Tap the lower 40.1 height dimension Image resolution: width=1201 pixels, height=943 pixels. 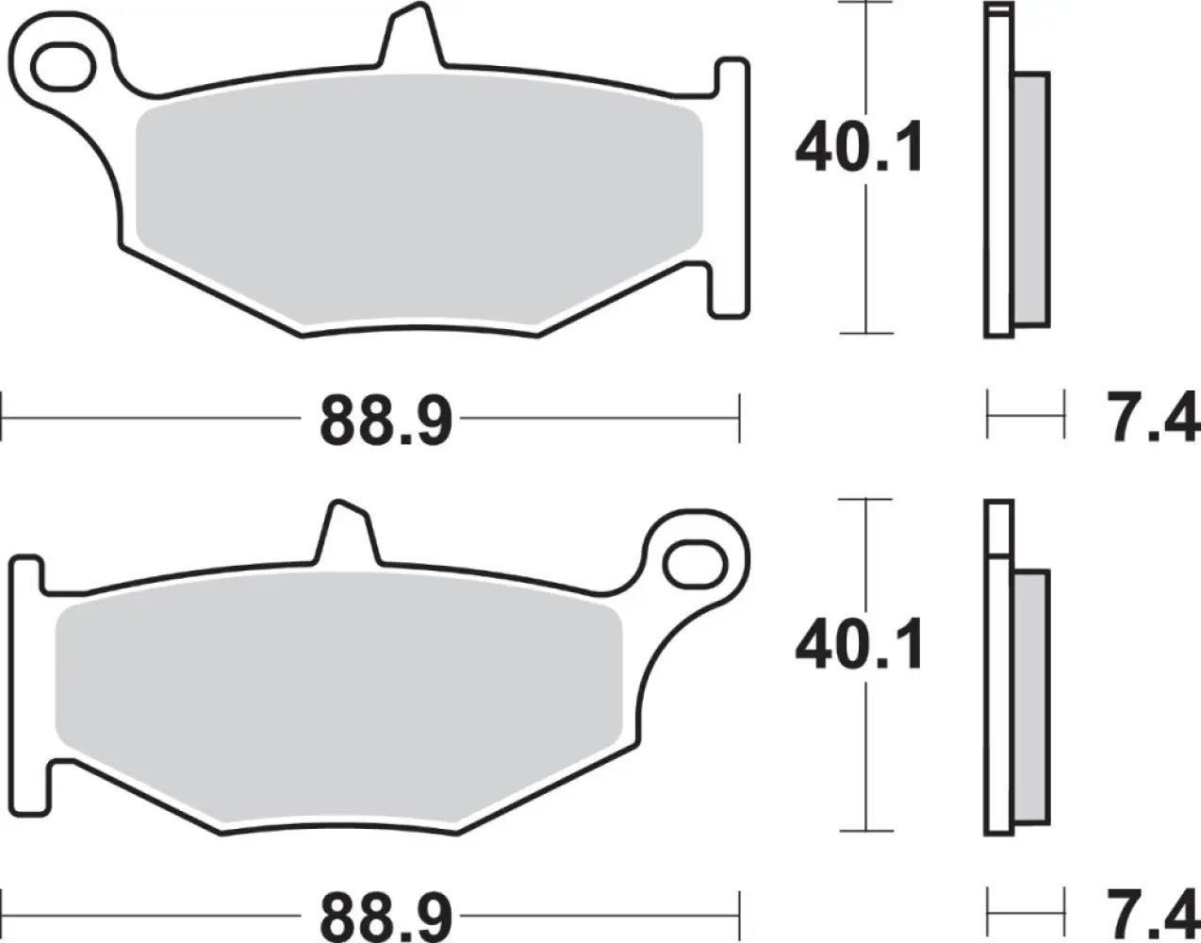[859, 646]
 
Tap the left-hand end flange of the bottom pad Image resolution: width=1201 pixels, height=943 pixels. [26, 684]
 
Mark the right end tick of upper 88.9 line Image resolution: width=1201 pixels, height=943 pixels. [740, 417]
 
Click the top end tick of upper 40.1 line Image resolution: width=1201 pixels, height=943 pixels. [864, 3]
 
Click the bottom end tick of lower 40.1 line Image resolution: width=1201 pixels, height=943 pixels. [864, 830]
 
